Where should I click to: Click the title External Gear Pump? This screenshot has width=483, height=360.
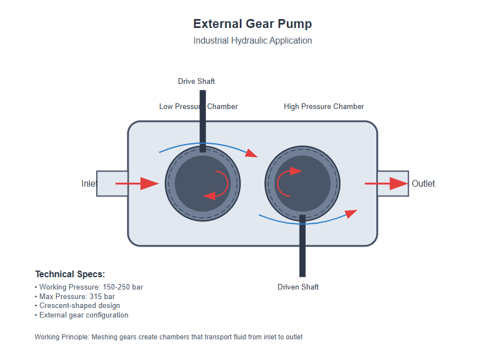tap(252, 24)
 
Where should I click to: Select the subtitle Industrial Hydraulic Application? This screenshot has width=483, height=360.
tap(252, 41)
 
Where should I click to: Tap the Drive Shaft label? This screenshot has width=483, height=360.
tap(196, 82)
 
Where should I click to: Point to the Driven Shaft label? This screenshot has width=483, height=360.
tap(298, 287)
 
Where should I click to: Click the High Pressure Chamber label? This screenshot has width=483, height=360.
tap(324, 107)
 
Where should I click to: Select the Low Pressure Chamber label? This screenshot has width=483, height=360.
tap(178, 107)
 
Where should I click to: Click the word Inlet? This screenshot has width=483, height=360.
tap(89, 184)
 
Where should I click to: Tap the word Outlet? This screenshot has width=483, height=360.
tap(423, 184)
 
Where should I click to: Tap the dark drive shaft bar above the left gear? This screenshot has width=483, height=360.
tap(202, 117)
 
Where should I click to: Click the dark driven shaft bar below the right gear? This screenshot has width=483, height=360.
tap(302, 249)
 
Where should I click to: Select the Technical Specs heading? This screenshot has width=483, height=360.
tap(70, 274)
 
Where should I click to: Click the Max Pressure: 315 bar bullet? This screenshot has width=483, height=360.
tap(77, 296)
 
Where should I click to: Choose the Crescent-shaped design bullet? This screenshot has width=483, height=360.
tap(79, 306)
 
